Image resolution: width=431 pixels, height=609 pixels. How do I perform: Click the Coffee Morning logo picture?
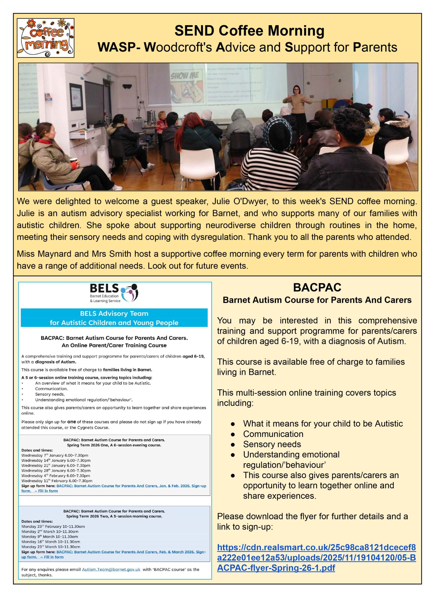point(45,38)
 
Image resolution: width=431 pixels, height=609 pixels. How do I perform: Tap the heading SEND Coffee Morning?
point(249,30)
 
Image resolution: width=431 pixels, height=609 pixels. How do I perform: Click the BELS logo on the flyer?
point(114,293)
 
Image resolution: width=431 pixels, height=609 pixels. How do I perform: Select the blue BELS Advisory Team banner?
point(114,318)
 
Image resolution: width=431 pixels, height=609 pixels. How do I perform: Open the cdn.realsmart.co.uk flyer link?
point(316,558)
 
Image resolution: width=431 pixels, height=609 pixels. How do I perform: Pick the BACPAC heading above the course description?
point(317,287)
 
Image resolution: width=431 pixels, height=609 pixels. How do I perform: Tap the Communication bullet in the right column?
point(273,434)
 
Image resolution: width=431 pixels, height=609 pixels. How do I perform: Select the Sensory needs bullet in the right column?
point(272,444)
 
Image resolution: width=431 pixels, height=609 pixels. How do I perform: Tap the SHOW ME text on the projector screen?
point(185,76)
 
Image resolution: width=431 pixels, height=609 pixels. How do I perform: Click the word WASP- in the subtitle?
point(119,48)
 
